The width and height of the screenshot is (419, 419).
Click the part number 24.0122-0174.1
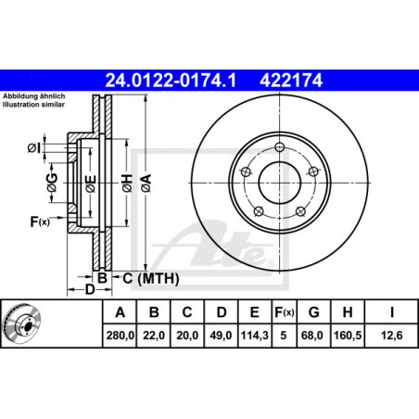[x=171, y=81]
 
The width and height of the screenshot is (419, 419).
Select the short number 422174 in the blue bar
[x=291, y=81]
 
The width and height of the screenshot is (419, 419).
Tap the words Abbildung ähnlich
[x=34, y=96]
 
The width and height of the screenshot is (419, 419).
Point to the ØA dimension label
[x=146, y=183]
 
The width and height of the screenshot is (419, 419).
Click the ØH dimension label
[x=127, y=183]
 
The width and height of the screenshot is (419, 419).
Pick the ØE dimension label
[x=91, y=184]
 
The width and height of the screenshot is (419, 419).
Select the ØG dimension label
[x=52, y=183]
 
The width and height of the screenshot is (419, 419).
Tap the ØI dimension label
[x=33, y=148]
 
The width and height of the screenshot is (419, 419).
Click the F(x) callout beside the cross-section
[x=40, y=222]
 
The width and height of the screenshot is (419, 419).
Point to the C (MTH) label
[x=151, y=278]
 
